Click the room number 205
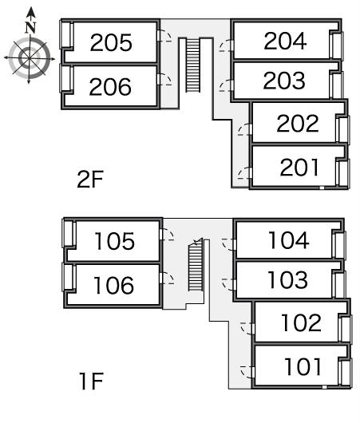pyautogui.click(x=111, y=42)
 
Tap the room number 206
pyautogui.click(x=110, y=87)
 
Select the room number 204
pyautogui.click(x=285, y=41)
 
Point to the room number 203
pyautogui.click(x=284, y=81)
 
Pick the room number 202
pyautogui.click(x=298, y=123)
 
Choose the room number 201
pyautogui.click(x=299, y=168)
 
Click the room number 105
pyautogui.click(x=114, y=241)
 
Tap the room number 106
pyautogui.click(x=113, y=285)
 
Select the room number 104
pyautogui.click(x=289, y=239)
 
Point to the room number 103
pyautogui.click(x=287, y=279)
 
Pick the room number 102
pyautogui.click(x=302, y=322)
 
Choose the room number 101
pyautogui.click(x=303, y=366)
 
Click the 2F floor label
pyautogui.click(x=90, y=179)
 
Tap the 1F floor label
pyautogui.click(x=91, y=381)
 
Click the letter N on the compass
pyautogui.click(x=31, y=27)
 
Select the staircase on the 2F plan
pyautogui.click(x=193, y=65)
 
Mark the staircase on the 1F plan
pyautogui.click(x=196, y=265)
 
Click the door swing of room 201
pyautogui.click(x=244, y=173)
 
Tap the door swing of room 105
pyautogui.click(x=167, y=235)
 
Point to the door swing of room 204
pyautogui.click(x=226, y=45)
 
